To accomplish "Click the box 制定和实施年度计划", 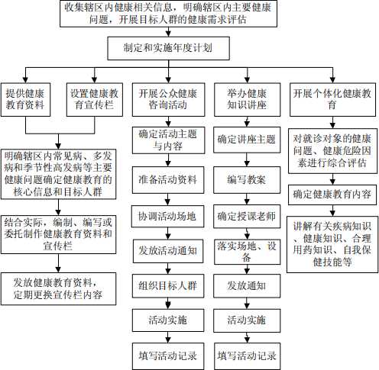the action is point(168,48).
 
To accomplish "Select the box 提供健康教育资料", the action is point(25,100).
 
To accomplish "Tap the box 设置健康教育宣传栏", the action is point(95,100).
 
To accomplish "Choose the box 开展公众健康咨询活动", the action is point(168,100).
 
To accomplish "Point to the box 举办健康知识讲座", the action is point(247,100).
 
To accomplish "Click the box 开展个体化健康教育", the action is point(332,100).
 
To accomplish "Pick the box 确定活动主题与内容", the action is point(168,140).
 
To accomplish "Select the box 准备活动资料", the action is point(168,180).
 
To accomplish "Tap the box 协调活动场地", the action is point(167,217).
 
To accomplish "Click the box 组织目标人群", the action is point(168,286).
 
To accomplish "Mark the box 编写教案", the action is point(247,180).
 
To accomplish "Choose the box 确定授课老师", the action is point(247,217).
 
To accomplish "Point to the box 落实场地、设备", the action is point(247,252).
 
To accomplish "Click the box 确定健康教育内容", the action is point(332,195).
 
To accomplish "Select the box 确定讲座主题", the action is point(247,140).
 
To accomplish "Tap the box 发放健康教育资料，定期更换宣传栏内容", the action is point(58,289).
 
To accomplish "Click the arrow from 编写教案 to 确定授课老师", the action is point(247,199).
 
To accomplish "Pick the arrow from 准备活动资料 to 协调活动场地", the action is point(167,200).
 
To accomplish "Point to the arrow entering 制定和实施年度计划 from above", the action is point(168,32).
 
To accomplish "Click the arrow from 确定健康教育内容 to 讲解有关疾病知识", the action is point(332,211).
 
